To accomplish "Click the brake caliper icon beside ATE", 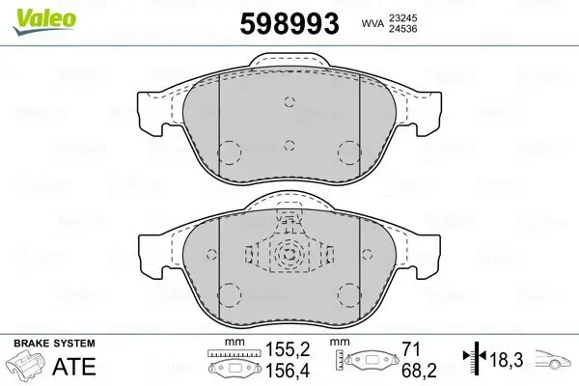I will (29, 367).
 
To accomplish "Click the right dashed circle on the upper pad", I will (347, 152).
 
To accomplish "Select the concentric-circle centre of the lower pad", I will (289, 256).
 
